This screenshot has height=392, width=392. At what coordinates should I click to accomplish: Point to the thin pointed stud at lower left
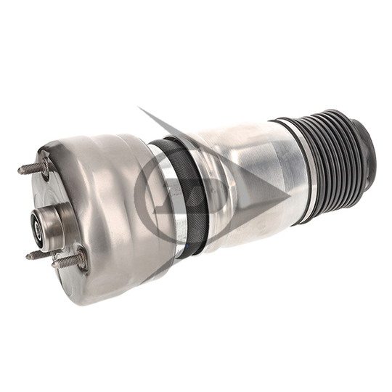[x=36, y=255]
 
